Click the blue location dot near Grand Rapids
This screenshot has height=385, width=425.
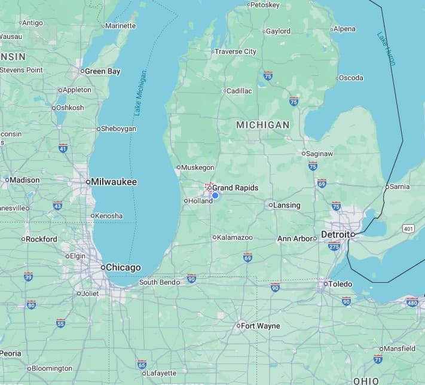point(215,195)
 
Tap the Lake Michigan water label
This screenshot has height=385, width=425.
point(139,93)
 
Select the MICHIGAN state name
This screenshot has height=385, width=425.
point(262,125)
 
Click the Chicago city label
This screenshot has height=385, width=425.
point(123,267)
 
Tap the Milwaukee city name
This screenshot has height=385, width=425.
point(114,182)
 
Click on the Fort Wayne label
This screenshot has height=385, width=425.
point(260,326)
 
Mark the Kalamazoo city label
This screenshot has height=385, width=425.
point(234,237)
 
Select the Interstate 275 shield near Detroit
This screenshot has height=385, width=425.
point(334,246)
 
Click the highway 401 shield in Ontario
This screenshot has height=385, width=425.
point(408,228)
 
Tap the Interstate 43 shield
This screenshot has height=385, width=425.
point(57,205)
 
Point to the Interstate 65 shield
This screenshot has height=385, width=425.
point(142,364)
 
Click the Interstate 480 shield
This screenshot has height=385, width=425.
point(412,302)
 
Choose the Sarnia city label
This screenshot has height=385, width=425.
point(399,187)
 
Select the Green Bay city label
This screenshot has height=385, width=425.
point(102,71)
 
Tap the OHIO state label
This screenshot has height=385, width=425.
point(366,380)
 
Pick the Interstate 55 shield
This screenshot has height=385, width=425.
point(60,323)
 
